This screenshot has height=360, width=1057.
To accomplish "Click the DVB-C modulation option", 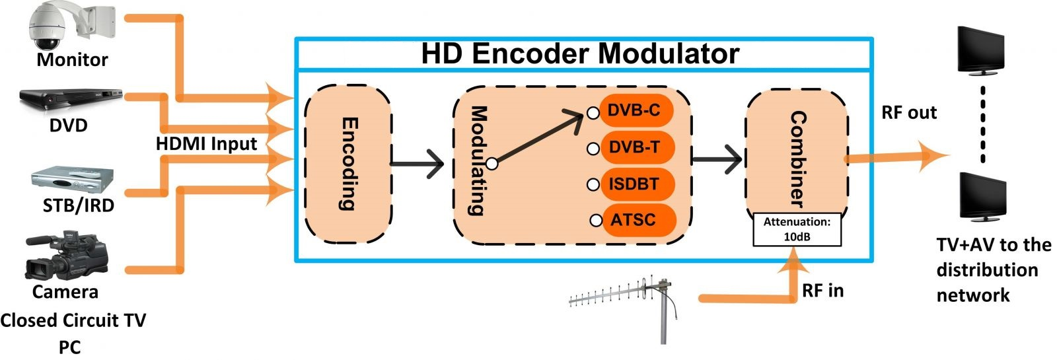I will click(634, 110).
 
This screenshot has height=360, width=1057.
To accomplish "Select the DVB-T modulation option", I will click(634, 147).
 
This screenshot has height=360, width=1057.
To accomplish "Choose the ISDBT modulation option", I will click(634, 184).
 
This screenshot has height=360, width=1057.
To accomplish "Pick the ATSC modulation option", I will click(634, 220).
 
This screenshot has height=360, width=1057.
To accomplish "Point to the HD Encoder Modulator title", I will click(580, 54).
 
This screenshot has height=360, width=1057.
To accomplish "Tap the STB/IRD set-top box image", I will click(73, 180).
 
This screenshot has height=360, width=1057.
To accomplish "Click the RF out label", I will click(909, 113).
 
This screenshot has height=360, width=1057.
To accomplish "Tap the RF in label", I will click(822, 291).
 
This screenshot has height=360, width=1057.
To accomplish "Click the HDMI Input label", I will click(206, 144).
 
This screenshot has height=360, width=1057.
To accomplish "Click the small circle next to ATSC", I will click(596, 221).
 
